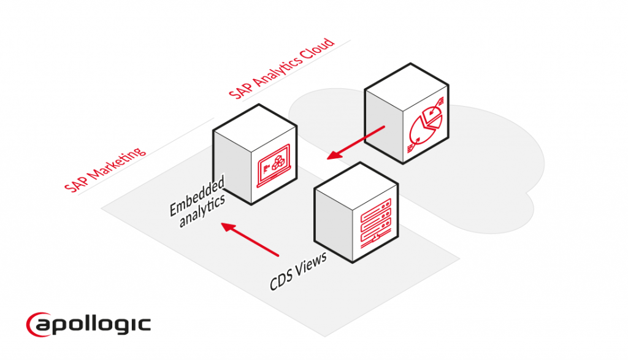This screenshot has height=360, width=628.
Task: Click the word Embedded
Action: pyautogui.click(x=197, y=196)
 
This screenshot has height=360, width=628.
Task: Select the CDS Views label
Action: pyautogui.click(x=298, y=270)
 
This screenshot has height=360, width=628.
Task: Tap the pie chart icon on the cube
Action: pyautogui.click(x=426, y=127)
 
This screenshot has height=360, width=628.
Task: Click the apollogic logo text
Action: pyautogui.click(x=98, y=323)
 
